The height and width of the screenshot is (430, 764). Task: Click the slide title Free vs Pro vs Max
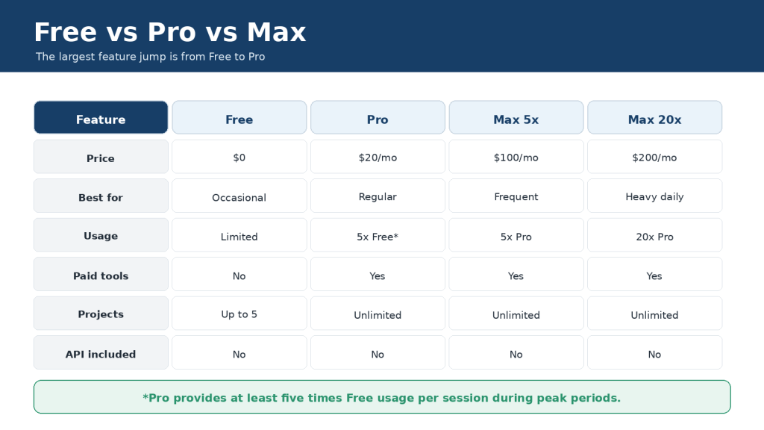coord(170,32)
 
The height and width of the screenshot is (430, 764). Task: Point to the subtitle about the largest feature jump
coord(150,57)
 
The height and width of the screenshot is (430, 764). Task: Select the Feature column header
coord(101,117)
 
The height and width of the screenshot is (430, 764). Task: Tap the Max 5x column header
coord(516,117)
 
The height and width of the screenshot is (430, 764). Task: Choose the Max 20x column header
coord(654,117)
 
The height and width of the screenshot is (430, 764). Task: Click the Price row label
coord(101,157)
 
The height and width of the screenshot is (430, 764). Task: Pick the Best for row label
coord(101,196)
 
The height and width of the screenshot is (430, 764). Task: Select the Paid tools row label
coord(101,274)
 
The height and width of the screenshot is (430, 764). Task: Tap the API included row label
coord(101,352)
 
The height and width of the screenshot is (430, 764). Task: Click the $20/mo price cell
coord(378,157)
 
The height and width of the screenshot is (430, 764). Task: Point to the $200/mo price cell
coord(654,157)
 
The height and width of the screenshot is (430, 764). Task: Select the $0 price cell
coord(239,157)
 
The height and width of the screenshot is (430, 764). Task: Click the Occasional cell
coord(239,196)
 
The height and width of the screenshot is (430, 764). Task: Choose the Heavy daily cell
coord(654,196)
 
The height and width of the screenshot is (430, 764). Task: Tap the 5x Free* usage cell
coord(378,235)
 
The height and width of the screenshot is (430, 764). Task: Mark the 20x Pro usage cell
coord(654,235)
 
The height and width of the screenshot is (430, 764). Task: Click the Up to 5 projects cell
coord(239,313)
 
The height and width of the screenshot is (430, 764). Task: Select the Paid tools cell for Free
coord(239,274)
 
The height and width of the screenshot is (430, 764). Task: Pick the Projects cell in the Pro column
coord(378,313)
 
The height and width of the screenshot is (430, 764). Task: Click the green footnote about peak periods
coord(382,397)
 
